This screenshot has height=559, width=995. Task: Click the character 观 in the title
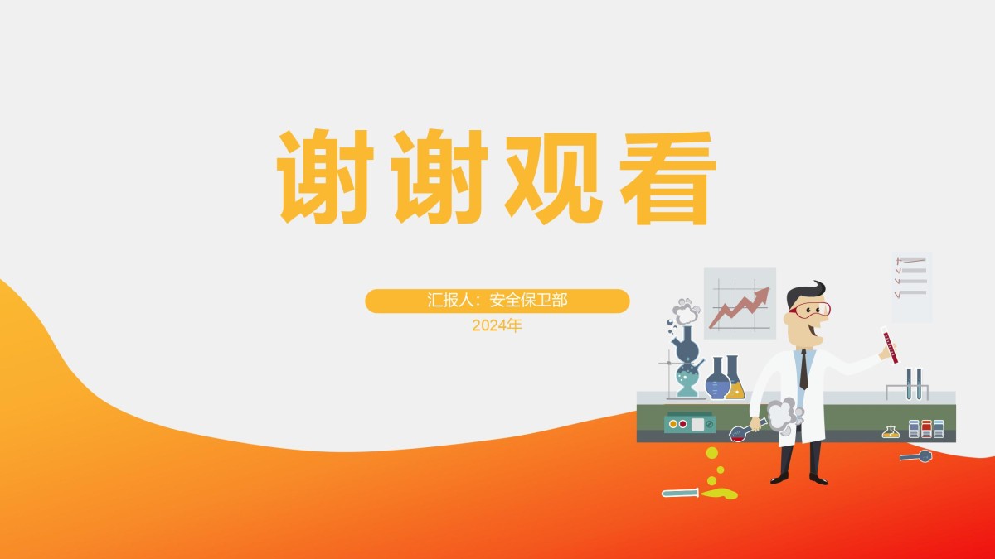[x=554, y=177]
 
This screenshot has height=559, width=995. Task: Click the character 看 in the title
[x=668, y=177]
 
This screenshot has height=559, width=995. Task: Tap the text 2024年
[x=497, y=325]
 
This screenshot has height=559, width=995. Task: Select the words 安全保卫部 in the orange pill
[x=528, y=301]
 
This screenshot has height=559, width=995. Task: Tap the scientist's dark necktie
[x=804, y=369]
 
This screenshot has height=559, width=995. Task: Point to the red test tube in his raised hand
[x=889, y=345]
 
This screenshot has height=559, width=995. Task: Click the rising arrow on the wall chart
[x=739, y=307]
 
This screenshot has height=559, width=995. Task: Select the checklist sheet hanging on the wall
[x=912, y=287]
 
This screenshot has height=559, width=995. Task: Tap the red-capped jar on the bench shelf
[x=926, y=429]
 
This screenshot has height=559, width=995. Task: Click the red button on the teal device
[x=682, y=424]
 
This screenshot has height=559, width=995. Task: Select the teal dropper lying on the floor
[x=681, y=493]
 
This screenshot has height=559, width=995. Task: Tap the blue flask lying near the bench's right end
[x=916, y=456]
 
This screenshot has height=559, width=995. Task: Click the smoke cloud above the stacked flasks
[x=687, y=311]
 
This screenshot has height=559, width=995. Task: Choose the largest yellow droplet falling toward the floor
[x=712, y=453]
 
